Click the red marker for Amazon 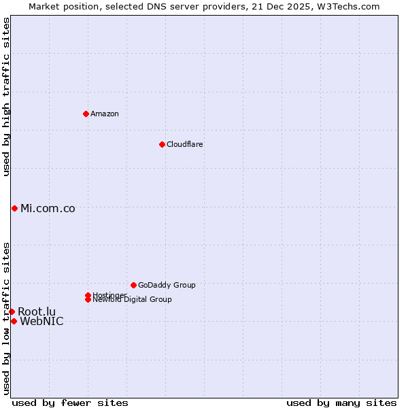pyautogui.click(x=86, y=114)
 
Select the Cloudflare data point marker pyautogui.click(x=162, y=144)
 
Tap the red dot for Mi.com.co pyautogui.click(x=14, y=208)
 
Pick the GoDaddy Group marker pyautogui.click(x=133, y=285)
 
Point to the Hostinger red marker pyautogui.click(x=88, y=295)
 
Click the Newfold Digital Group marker pyautogui.click(x=88, y=299)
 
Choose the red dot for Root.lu pyautogui.click(x=12, y=311)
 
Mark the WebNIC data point pyautogui.click(x=14, y=321)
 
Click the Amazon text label pyautogui.click(x=105, y=114)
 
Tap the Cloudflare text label pyautogui.click(x=185, y=144)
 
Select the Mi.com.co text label pyautogui.click(x=48, y=209)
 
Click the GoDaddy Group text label pyautogui.click(x=167, y=285)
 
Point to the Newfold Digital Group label pyautogui.click(x=133, y=300)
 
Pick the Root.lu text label pyautogui.click(x=37, y=311)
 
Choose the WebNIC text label pyautogui.click(x=41, y=322)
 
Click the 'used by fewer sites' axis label pyautogui.click(x=70, y=403)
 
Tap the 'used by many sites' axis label pyautogui.click(x=341, y=403)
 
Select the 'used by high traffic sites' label pyautogui.click(x=6, y=97)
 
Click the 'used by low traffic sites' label pyautogui.click(x=6, y=318)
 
